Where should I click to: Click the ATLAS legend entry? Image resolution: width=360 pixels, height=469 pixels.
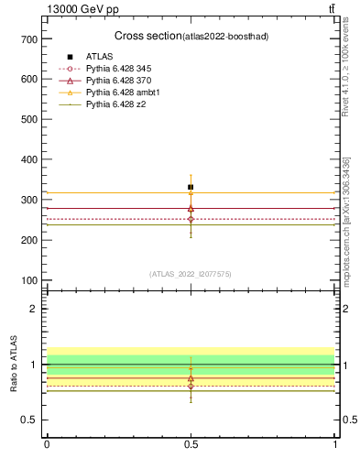coord(99,57)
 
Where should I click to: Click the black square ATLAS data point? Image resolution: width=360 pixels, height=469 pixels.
coord(191,187)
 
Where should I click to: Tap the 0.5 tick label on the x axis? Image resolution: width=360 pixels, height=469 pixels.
coord(191,444)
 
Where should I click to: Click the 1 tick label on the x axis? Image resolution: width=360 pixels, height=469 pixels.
coord(335,444)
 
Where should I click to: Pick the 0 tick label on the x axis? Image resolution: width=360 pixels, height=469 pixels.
coord(47,444)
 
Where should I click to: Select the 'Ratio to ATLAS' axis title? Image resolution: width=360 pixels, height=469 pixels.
coord(14,365)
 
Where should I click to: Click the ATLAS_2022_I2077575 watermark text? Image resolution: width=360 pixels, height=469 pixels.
coord(190,273)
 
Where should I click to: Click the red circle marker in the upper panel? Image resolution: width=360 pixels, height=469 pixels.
coord(191,219)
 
